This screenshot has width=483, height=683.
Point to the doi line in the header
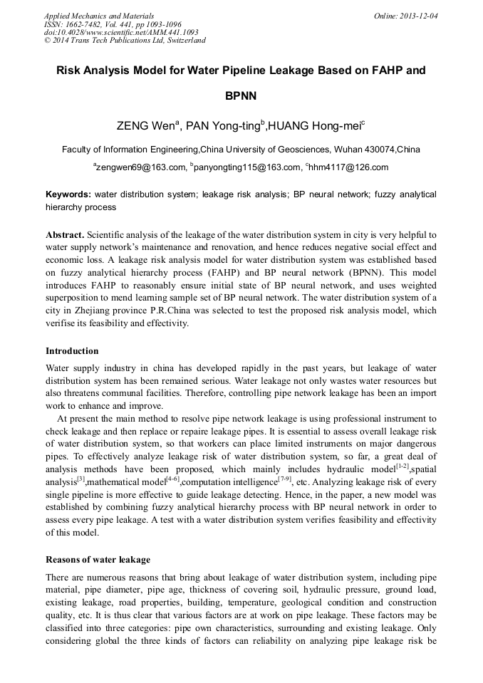121,32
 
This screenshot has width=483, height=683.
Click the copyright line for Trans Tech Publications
125,41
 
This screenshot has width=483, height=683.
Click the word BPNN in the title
241,95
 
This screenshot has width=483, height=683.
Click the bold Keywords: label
68,194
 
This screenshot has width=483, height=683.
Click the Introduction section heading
72,351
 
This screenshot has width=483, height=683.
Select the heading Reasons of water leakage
98,560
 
